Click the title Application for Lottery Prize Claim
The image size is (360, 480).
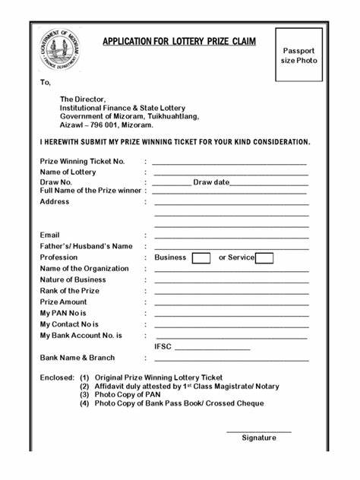coord(179,41)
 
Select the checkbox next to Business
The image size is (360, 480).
coord(201,258)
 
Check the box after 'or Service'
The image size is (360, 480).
coord(264,258)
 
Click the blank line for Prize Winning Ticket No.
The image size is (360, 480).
coord(229,163)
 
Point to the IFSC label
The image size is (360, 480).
coord(163,346)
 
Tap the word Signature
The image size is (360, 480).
coord(259,437)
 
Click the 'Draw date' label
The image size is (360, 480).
coord(210,182)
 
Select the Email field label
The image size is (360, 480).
coord(49,235)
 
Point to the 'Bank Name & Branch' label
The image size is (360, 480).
coord(77,358)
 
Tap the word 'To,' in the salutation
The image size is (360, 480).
coord(46,83)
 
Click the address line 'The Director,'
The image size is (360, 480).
coord(84,99)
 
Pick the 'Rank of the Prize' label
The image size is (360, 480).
coord(70,291)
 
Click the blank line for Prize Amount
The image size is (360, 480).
coord(231,303)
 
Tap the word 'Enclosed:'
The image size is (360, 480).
coord(57,377)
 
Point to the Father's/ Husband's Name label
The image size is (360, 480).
coord(86,246)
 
